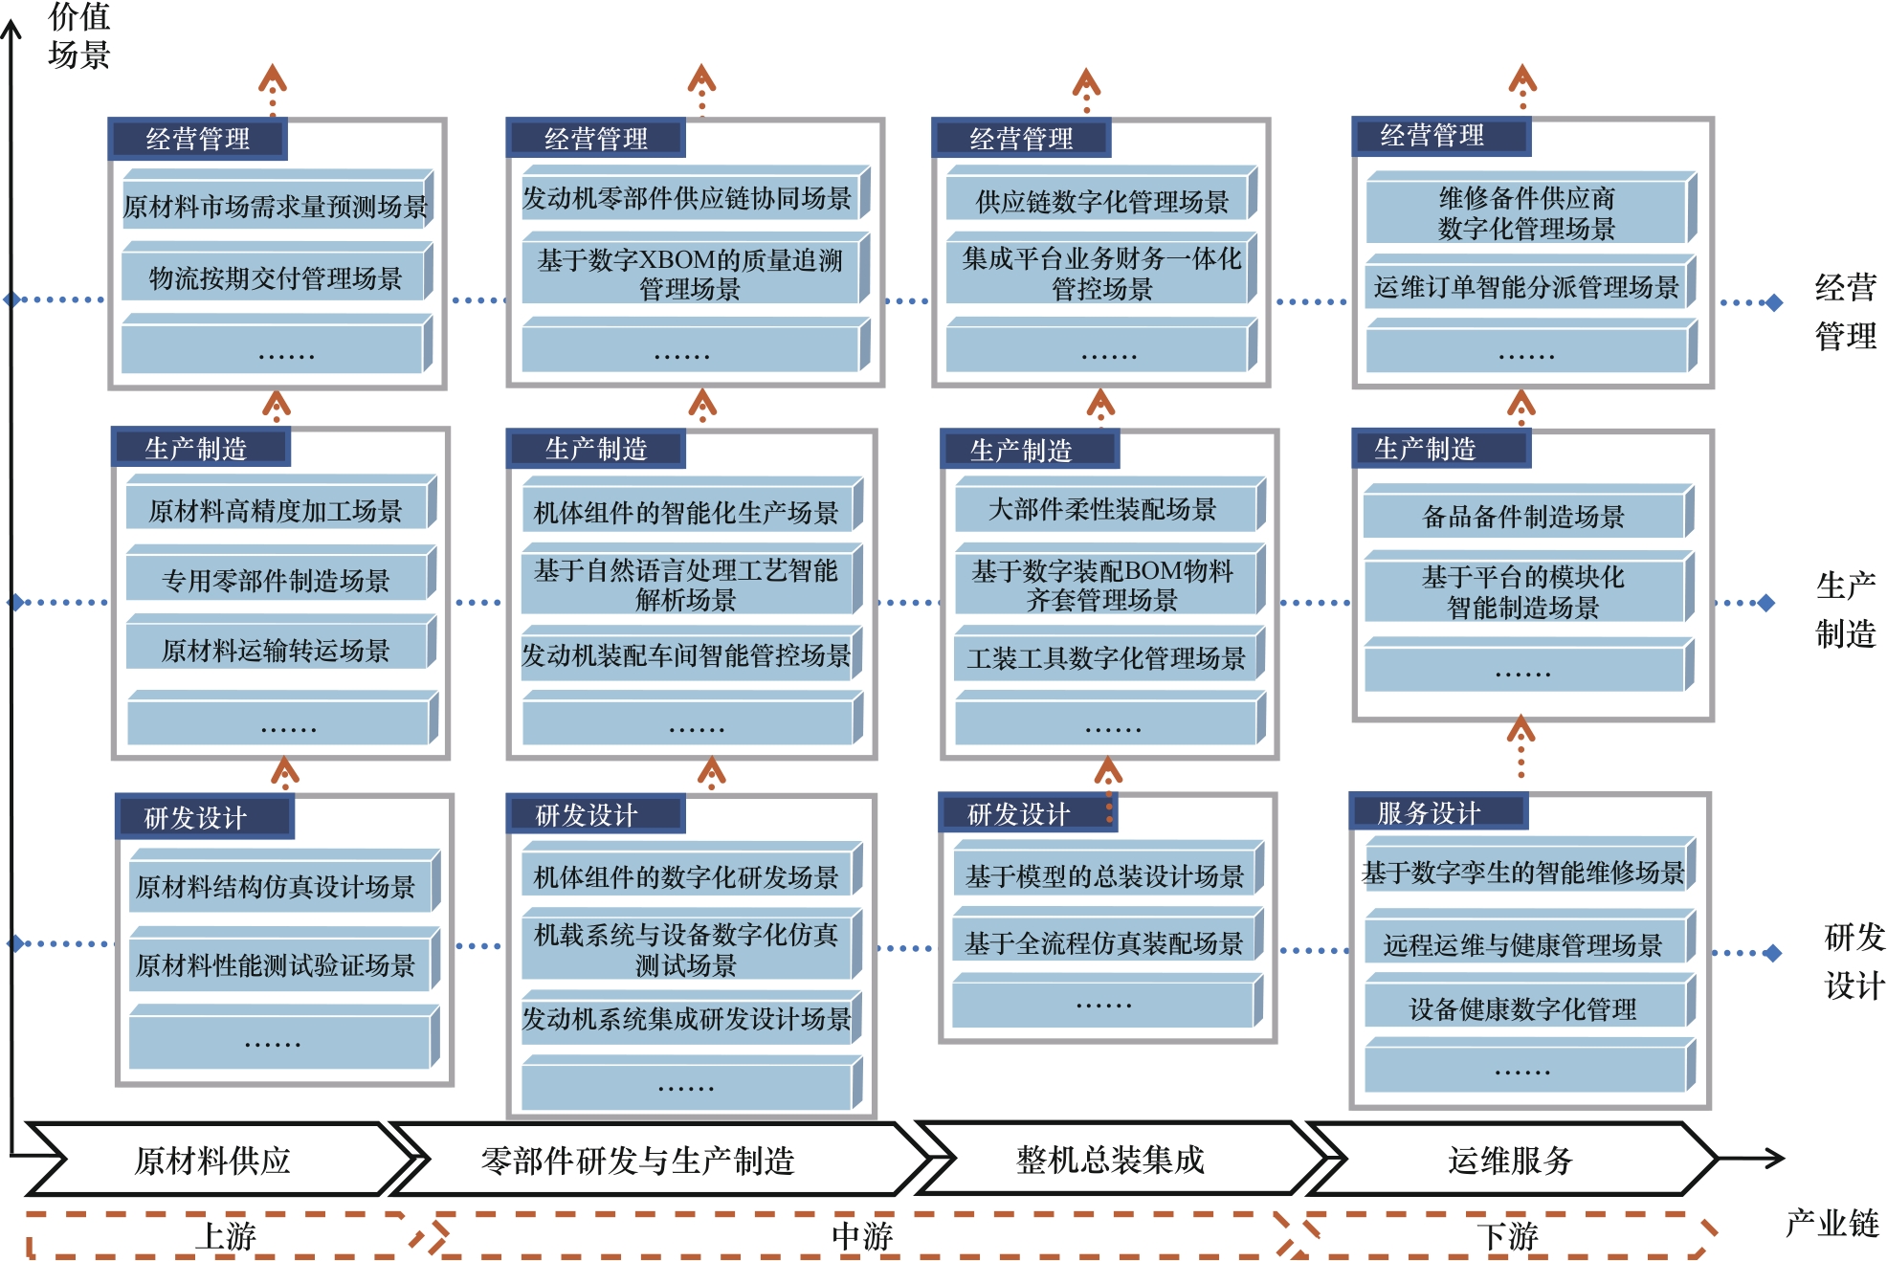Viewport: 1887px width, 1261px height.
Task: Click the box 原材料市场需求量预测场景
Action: click(276, 206)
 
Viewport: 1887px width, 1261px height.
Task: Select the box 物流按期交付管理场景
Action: click(276, 277)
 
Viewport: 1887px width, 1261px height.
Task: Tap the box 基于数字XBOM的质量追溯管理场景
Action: click(689, 274)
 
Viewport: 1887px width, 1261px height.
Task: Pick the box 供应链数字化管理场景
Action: click(1100, 201)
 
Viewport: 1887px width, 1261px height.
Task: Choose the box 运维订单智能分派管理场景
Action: click(1526, 286)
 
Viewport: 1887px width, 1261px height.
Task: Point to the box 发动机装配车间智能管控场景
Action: click(686, 655)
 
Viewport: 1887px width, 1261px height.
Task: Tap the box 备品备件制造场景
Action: click(1523, 517)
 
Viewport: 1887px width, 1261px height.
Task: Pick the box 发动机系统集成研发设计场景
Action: click(686, 1019)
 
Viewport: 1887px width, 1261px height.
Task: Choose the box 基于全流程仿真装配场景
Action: click(1103, 943)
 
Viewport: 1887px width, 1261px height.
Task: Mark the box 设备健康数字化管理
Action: click(1523, 1008)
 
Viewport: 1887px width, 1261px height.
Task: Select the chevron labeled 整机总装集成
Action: click(1110, 1160)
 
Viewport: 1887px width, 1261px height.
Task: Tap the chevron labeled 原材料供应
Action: click(212, 1160)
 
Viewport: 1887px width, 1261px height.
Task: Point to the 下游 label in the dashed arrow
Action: click(1507, 1236)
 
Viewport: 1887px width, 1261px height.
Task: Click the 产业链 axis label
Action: click(1831, 1223)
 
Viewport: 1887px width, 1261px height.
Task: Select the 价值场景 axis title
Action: click(78, 36)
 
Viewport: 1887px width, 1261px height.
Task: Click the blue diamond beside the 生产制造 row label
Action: click(1766, 603)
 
